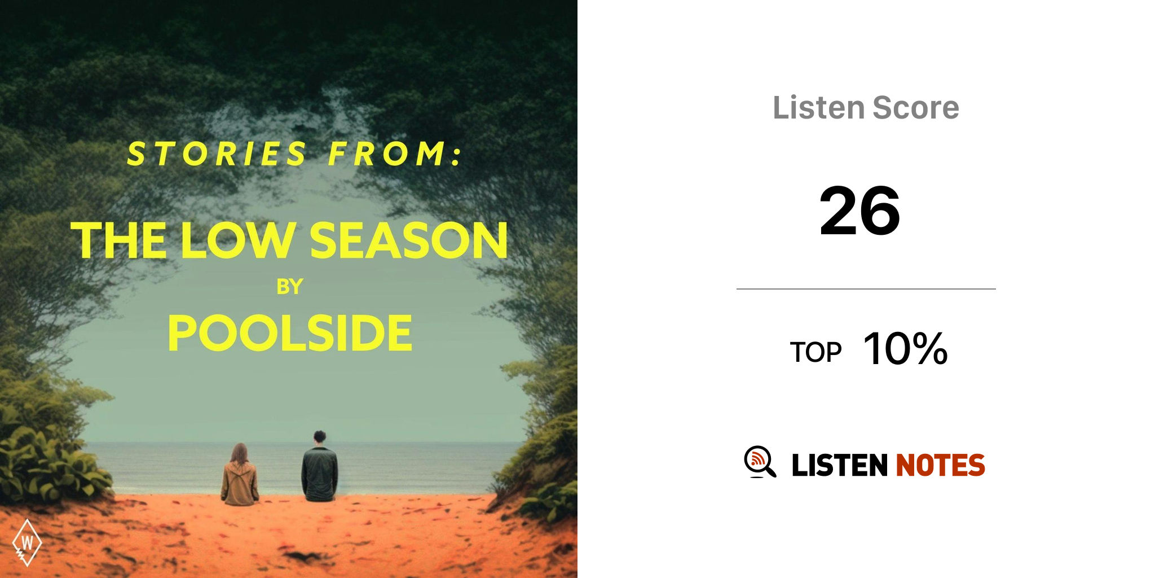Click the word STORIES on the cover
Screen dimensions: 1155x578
click(x=217, y=154)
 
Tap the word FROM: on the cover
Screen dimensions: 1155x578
click(x=395, y=154)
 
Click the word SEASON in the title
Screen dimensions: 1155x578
click(x=409, y=240)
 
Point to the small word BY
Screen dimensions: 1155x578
click(x=290, y=287)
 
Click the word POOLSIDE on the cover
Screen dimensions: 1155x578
click(x=290, y=333)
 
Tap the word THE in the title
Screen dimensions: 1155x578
click(x=118, y=240)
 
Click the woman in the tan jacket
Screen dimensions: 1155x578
click(x=240, y=475)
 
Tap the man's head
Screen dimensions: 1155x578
click(x=320, y=437)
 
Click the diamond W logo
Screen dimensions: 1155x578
click(x=27, y=542)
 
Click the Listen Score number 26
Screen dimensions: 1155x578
click(x=859, y=211)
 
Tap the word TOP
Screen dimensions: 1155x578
click(x=815, y=352)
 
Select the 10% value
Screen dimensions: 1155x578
click(x=905, y=348)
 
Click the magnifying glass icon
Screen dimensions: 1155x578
click(x=760, y=462)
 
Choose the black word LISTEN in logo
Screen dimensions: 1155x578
click(x=840, y=465)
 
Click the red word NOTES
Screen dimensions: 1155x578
click(x=940, y=465)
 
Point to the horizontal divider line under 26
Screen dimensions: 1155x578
click(x=866, y=289)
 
